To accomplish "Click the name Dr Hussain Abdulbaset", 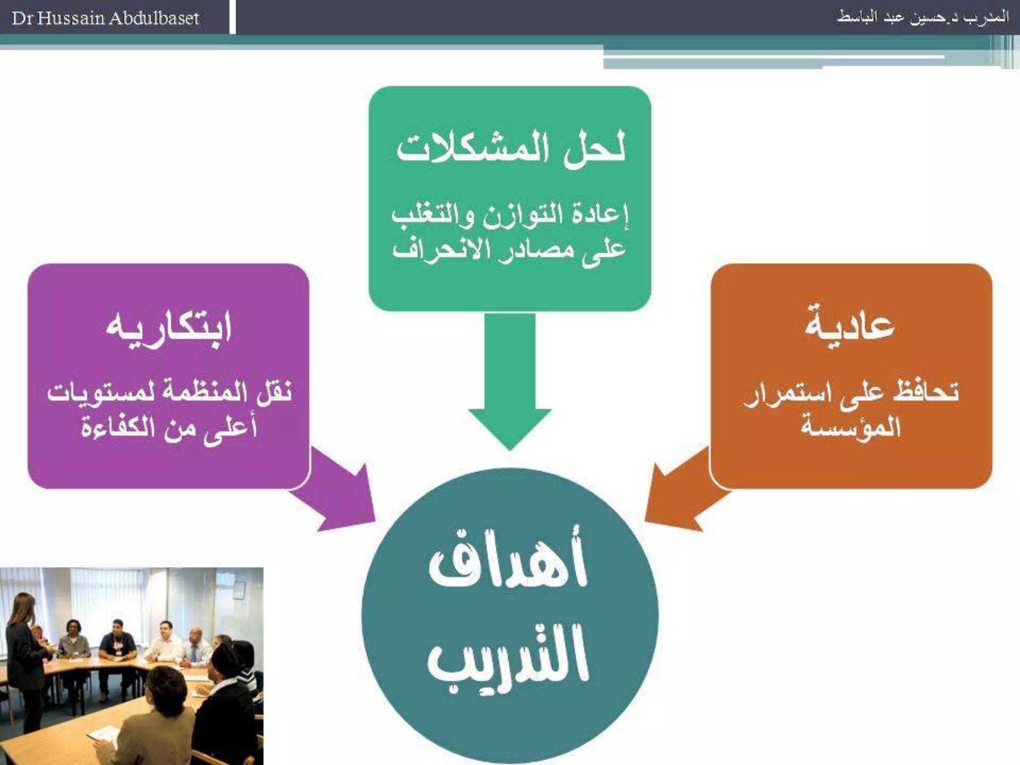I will pos(105,18).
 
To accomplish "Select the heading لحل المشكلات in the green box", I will pos(510,148).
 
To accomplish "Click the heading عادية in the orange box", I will pos(850,326).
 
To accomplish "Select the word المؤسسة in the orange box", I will pos(851,427).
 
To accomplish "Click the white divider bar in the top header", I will pos(232,17).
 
